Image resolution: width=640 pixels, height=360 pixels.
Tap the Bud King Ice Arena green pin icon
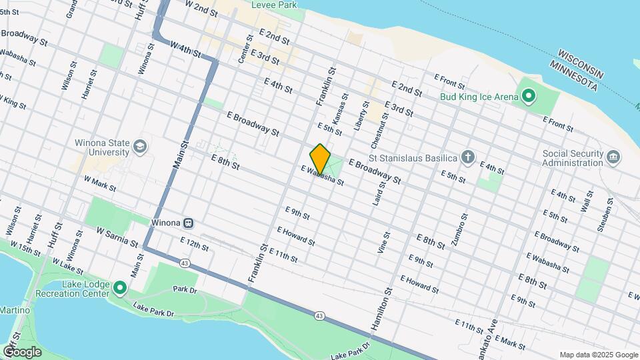[529, 97]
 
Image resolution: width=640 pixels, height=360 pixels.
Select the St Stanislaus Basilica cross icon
[469, 157]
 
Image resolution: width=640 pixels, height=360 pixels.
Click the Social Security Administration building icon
[613, 157]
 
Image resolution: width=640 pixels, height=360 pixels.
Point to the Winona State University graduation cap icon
[139, 147]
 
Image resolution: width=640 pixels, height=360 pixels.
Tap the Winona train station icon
[189, 223]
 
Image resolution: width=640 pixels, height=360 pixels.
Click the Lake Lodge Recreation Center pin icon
[120, 288]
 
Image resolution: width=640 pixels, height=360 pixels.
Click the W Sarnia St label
[117, 236]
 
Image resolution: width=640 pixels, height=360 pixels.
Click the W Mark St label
[101, 181]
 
